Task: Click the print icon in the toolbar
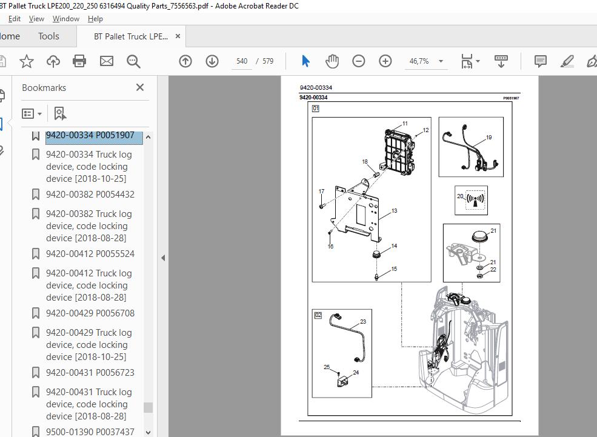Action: tap(79, 61)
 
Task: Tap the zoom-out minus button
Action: tap(359, 61)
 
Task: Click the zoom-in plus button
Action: tap(385, 61)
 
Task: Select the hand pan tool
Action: tap(332, 61)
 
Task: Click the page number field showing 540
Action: tap(242, 61)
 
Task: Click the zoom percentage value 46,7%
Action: tap(419, 61)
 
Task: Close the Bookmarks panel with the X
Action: tap(140, 87)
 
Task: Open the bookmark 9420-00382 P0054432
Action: tap(90, 195)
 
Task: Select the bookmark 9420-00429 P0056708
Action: tap(90, 313)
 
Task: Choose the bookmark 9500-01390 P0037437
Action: tap(90, 432)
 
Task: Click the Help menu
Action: tap(95, 19)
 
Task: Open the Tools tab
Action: tap(48, 36)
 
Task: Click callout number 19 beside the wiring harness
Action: tap(489, 138)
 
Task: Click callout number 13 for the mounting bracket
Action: tap(394, 210)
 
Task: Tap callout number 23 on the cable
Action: tap(363, 322)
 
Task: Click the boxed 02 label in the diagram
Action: tap(318, 315)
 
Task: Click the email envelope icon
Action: tap(107, 61)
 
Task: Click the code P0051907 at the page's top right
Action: tap(511, 98)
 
